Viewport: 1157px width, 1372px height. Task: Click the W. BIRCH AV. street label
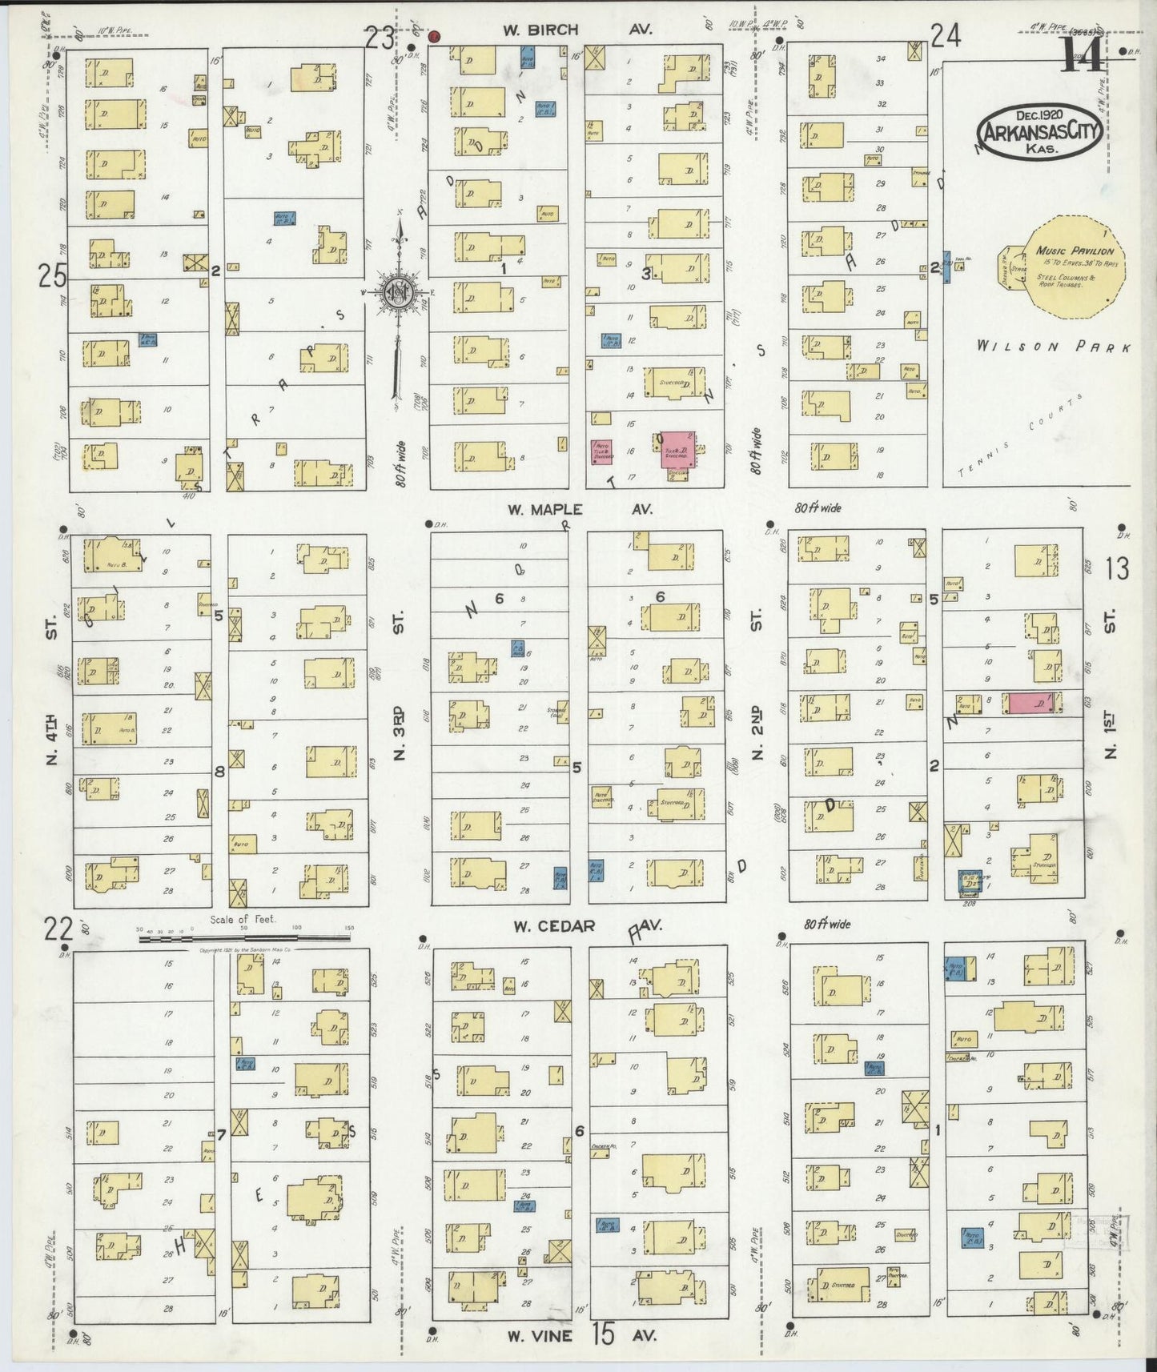pyautogui.click(x=576, y=30)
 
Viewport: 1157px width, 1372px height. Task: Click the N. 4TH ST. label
pyautogui.click(x=52, y=692)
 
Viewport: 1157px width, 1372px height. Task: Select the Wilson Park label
pyautogui.click(x=1053, y=347)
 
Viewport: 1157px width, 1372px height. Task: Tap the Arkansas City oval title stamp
pyautogui.click(x=1038, y=129)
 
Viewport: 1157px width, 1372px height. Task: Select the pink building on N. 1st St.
pyautogui.click(x=1034, y=703)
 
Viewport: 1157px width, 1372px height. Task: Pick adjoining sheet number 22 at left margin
pyautogui.click(x=58, y=929)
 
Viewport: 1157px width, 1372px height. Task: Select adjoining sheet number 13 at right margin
pyautogui.click(x=1117, y=568)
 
